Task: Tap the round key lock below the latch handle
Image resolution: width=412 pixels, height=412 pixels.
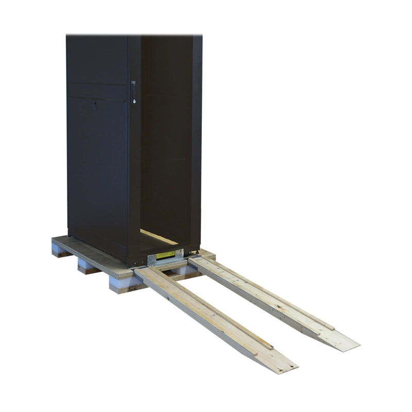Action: pyautogui.click(x=134, y=101)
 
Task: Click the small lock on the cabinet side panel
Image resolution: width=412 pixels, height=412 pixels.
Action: pyautogui.click(x=94, y=107)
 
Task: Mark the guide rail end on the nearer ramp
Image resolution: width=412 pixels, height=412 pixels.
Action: pyautogui.click(x=268, y=346)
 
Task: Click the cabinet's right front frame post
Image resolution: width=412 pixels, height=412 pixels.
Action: pyautogui.click(x=196, y=144)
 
